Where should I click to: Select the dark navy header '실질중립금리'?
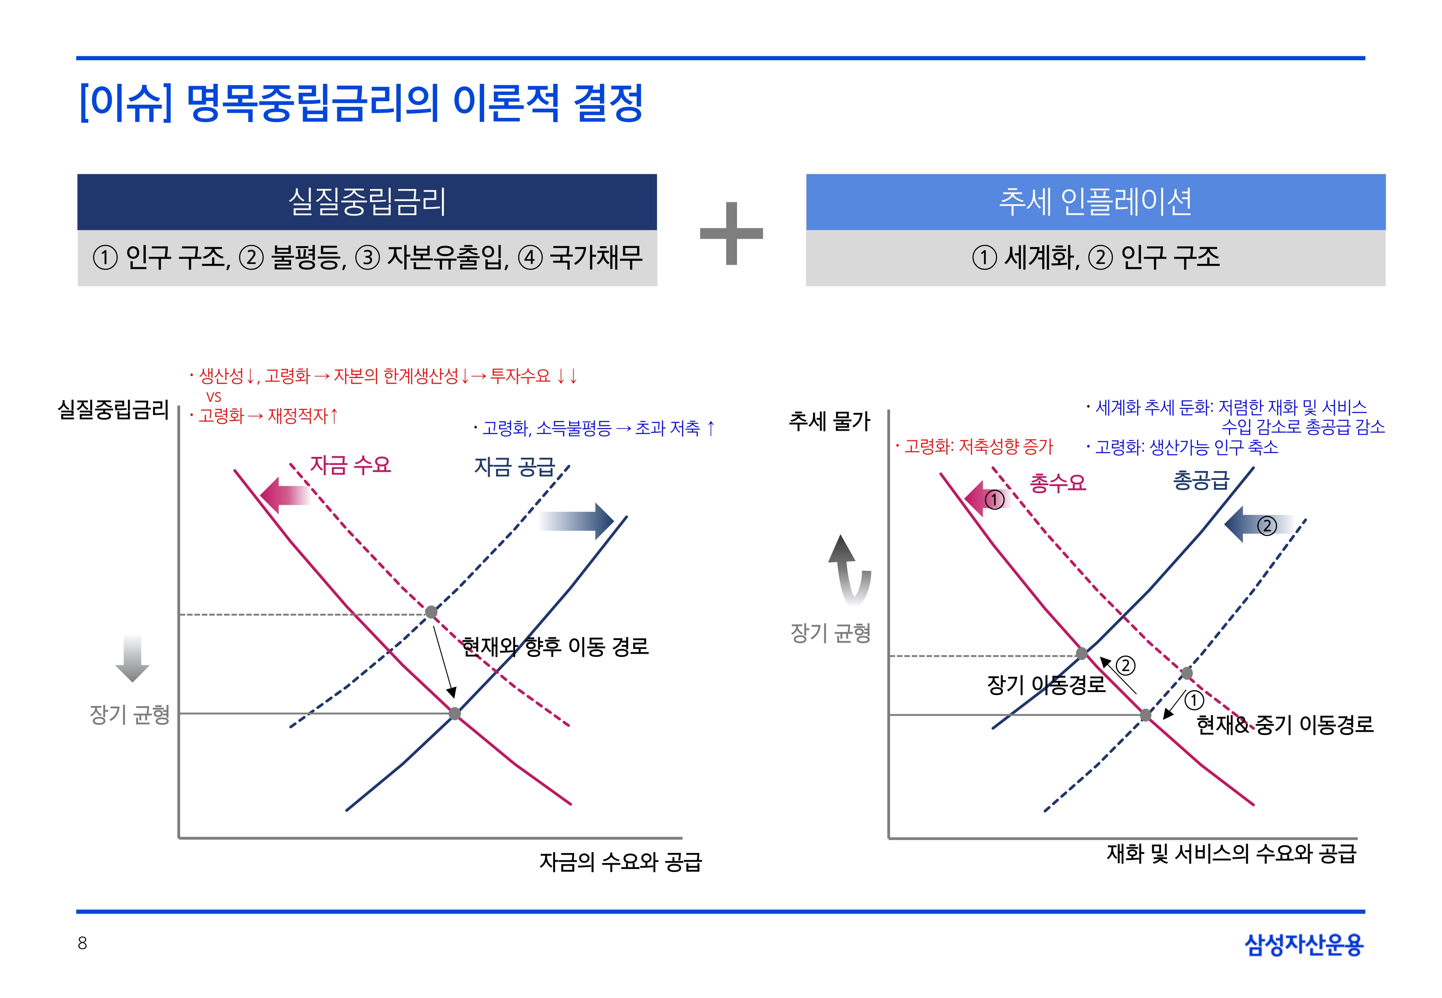point(367,202)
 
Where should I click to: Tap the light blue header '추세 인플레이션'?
point(1095,202)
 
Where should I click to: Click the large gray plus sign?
point(732,233)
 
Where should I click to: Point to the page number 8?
point(82,943)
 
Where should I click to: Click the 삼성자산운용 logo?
point(1304,944)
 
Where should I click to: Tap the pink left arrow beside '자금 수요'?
point(285,495)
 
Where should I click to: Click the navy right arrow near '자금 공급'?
point(576,520)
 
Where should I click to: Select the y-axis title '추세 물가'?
point(829,421)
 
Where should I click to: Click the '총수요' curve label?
point(1058,483)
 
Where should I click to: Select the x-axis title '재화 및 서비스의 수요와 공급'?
point(1231,853)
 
